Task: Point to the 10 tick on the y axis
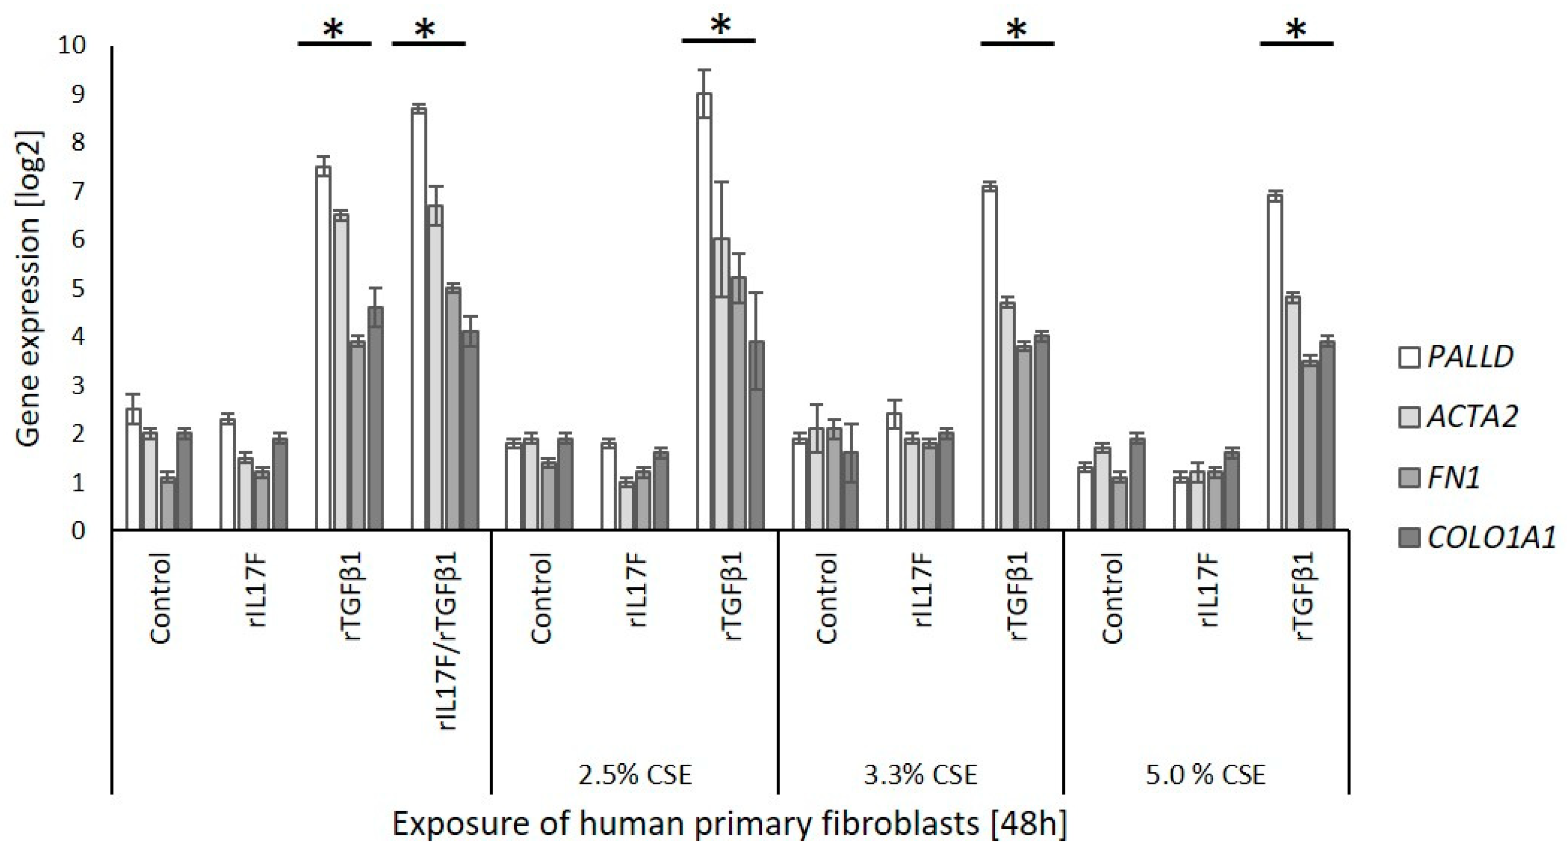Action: point(73,45)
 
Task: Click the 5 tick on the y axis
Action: point(79,288)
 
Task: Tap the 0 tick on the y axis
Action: point(79,530)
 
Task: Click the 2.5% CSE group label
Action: point(634,775)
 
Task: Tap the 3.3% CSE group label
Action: point(920,775)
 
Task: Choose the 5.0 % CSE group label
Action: point(1206,775)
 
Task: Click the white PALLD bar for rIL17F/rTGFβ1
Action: point(418,319)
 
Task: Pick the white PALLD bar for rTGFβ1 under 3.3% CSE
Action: point(990,359)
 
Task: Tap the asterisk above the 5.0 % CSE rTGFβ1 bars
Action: point(1296,29)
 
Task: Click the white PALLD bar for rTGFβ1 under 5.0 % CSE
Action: point(1275,363)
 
